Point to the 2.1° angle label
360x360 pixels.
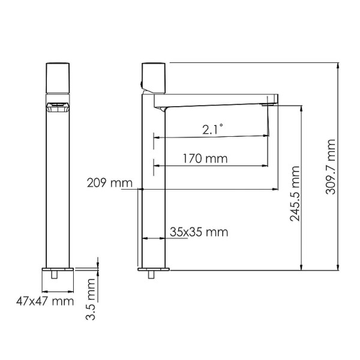(x=211, y=128)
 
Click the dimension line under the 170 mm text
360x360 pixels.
(x=210, y=166)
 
